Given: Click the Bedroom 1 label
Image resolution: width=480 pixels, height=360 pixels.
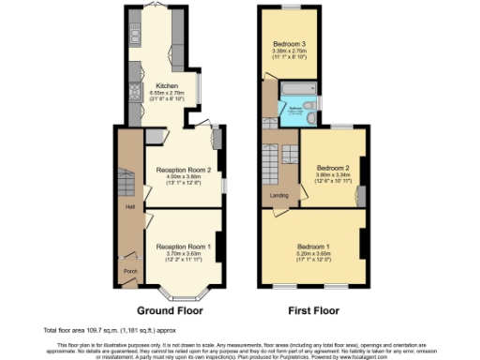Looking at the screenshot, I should tap(313, 246).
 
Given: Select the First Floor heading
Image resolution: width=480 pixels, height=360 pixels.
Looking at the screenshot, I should tap(313, 310).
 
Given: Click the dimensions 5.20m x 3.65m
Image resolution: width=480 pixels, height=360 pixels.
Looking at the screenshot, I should tap(313, 253).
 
